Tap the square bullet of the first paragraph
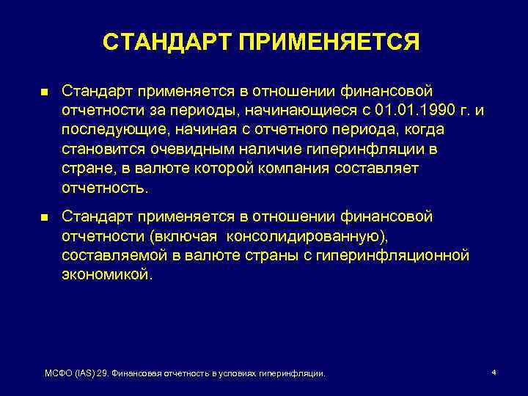(44, 92)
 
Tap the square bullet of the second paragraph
(44, 218)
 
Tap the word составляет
(382, 168)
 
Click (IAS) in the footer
(88, 374)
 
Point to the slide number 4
(494, 373)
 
